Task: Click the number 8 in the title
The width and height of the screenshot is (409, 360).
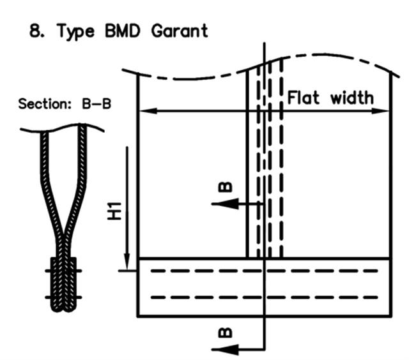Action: point(35,31)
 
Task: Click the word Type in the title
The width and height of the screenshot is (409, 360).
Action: point(75,32)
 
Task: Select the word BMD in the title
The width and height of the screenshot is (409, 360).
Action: point(123,31)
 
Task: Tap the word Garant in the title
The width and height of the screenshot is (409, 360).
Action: point(180,31)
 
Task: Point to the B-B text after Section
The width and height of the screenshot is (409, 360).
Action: point(96,103)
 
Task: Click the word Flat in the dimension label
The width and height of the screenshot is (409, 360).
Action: point(303,98)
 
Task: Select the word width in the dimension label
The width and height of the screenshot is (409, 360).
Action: point(352,98)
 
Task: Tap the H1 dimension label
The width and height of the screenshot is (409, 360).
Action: point(115,211)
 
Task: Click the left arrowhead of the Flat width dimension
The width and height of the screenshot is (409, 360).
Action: point(148,111)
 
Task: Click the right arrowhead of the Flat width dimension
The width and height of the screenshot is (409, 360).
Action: point(380,111)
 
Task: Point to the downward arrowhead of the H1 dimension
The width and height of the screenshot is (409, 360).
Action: point(127,261)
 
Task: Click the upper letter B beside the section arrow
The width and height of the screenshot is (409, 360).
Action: point(225,187)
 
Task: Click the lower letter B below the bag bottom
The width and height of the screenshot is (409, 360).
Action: point(225,333)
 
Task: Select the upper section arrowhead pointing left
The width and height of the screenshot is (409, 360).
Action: point(226,204)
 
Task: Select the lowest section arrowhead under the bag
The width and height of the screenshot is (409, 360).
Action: point(226,350)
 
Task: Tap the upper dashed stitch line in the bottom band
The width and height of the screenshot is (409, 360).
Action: point(264,271)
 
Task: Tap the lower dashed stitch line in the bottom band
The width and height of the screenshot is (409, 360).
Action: point(264,297)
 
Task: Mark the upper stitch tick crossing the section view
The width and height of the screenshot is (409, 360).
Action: point(63,271)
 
